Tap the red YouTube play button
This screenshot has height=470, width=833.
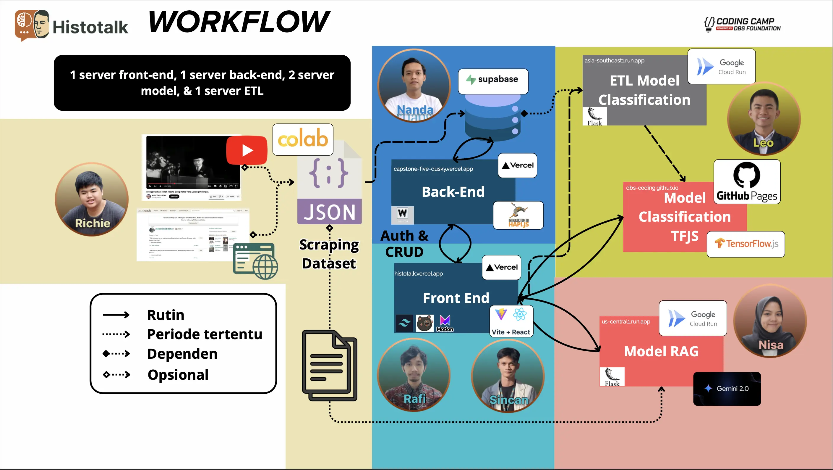[247, 150]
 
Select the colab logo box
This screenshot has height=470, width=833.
[303, 139]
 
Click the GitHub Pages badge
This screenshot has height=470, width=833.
[747, 182]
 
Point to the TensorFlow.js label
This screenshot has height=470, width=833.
[746, 244]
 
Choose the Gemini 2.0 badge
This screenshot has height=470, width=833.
[727, 388]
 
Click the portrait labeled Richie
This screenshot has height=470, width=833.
[92, 199]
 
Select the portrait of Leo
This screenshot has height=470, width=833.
[764, 119]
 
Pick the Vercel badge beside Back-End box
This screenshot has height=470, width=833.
[517, 165]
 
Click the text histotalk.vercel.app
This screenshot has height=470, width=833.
[419, 273]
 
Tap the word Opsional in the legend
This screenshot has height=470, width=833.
[178, 375]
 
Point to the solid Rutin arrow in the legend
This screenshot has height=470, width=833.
[116, 315]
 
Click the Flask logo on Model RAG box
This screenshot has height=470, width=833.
[612, 377]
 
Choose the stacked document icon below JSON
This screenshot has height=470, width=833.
[330, 366]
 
